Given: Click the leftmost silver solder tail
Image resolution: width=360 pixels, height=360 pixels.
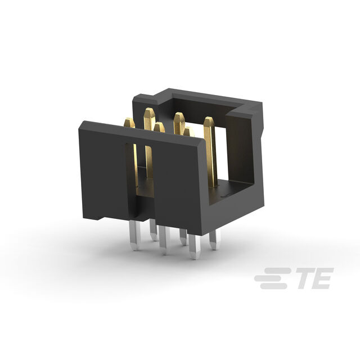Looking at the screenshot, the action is [135, 235].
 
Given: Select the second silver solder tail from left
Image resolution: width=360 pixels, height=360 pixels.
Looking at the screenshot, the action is [154, 229].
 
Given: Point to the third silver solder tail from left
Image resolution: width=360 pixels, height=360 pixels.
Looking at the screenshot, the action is [164, 240].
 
